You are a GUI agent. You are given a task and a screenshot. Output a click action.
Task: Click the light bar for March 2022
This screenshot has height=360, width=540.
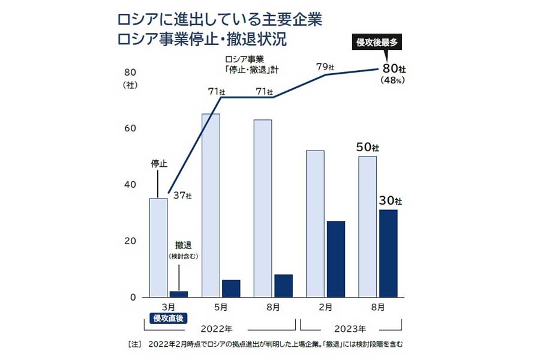tap(158, 248)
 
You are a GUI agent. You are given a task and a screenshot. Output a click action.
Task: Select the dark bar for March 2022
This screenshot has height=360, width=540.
tap(179, 294)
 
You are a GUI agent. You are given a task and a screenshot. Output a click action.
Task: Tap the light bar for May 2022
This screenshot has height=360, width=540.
tap(211, 205)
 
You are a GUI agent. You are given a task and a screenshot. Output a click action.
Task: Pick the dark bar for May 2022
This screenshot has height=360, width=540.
tap(231, 289)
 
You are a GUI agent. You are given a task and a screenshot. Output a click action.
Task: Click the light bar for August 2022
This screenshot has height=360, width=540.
tap(263, 208)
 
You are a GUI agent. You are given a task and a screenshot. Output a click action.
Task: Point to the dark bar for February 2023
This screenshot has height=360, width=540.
tap(335, 259)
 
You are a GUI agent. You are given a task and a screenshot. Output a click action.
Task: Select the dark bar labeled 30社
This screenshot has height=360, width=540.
tap(388, 253)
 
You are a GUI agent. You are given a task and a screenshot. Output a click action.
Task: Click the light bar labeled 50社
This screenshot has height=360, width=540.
tap(367, 227)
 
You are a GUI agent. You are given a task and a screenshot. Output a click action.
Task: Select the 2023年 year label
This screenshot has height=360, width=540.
tap(351, 329)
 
